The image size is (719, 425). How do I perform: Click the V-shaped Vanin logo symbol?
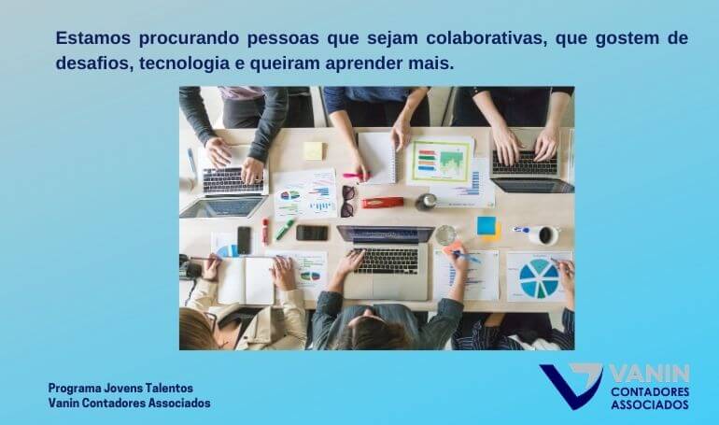tap(571, 385)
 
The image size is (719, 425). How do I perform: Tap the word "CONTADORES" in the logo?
tap(650, 391)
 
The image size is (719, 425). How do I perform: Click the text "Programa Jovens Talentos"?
tap(120, 388)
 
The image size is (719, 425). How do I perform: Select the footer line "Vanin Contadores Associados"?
tap(129, 403)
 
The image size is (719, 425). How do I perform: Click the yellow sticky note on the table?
tap(314, 150)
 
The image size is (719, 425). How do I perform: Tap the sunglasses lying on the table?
tap(347, 201)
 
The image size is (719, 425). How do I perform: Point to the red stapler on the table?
tap(383, 202)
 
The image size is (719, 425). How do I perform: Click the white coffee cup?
tap(544, 235)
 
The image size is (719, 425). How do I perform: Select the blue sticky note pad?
tap(486, 226)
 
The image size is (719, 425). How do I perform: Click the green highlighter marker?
tap(285, 229)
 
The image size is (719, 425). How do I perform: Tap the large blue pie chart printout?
tap(540, 276)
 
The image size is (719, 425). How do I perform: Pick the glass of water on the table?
tap(445, 234)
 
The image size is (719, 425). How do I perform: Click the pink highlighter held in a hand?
tap(357, 175)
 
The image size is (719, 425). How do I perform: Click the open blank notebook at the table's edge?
tap(246, 280)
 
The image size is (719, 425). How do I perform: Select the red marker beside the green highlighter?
tap(265, 232)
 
